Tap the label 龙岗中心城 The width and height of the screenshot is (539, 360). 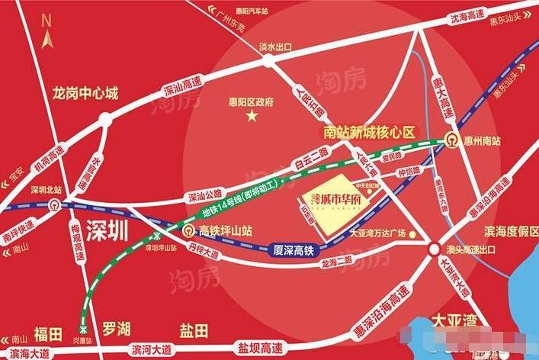click(x=85, y=95)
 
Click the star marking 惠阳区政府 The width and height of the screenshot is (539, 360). click(x=252, y=115)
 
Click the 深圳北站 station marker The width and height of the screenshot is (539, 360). click(x=53, y=204)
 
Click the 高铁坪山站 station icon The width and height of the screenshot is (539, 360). click(x=189, y=231)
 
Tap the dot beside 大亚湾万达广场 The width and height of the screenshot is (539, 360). click(x=412, y=234)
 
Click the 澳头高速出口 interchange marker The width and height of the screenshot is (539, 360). click(x=434, y=249)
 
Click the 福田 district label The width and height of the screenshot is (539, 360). click(x=48, y=333)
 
